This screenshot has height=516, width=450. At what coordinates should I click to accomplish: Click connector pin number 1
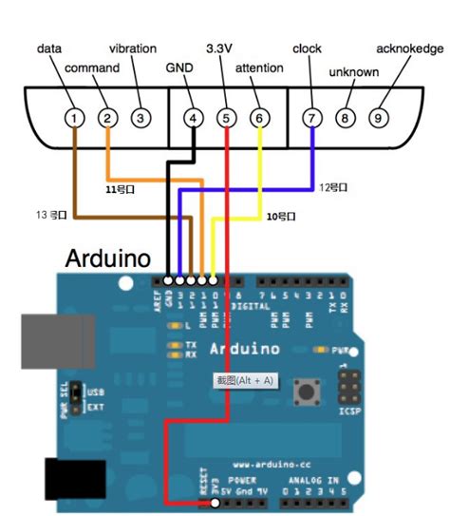[x=73, y=118]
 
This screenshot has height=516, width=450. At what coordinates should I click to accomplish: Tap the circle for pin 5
[x=226, y=118]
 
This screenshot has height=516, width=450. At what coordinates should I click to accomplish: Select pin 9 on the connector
[x=378, y=118]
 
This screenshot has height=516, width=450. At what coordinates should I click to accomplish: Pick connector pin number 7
[x=310, y=118]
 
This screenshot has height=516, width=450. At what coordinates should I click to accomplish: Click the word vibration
[x=133, y=48]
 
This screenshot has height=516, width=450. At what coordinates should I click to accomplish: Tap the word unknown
[x=353, y=71]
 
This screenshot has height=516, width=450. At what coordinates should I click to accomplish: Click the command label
[x=92, y=68]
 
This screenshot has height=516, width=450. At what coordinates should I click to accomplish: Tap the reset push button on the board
[x=307, y=391]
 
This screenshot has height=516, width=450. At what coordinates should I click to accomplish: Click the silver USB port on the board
[x=59, y=338]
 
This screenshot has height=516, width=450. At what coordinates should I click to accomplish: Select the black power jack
[x=69, y=479]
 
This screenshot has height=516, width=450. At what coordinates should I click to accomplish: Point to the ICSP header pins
[x=348, y=387]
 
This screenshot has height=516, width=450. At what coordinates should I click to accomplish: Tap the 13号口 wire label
[x=49, y=216]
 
